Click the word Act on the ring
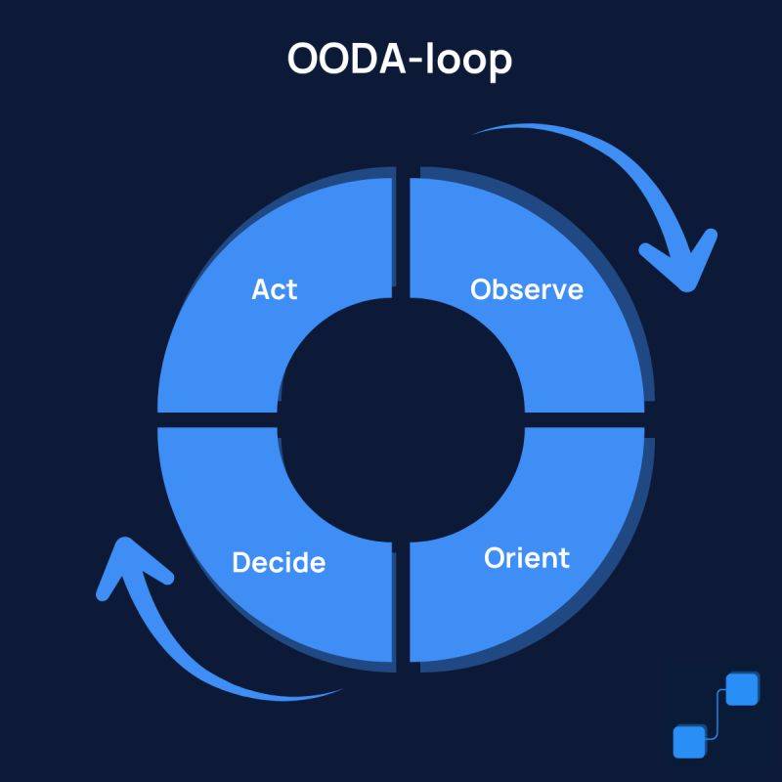pos(274,289)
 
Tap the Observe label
pos(526,289)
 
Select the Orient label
pos(526,558)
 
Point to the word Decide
pos(279,563)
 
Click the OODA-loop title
pos(399,60)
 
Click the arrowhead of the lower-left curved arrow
pos(127,572)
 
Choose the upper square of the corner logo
pos(744,688)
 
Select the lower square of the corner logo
pos(689,741)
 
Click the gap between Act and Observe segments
pos(401,235)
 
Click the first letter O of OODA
pos(304,60)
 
